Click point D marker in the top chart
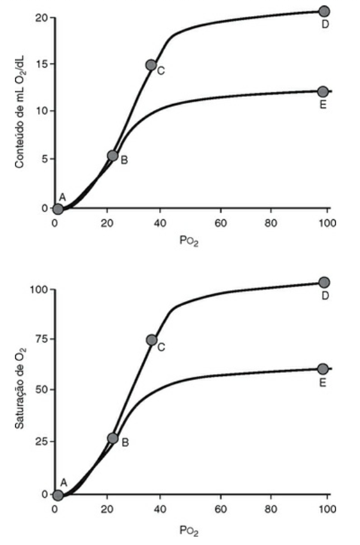point(324,11)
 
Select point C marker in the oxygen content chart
point(151,65)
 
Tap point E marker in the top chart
point(323,92)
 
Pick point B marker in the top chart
point(112,155)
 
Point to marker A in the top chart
point(58,209)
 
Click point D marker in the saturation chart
point(324,282)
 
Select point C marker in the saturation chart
point(152,340)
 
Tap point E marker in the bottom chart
point(323,369)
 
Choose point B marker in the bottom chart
point(112,438)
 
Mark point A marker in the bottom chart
point(58,495)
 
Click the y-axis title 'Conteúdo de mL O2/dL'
point(20,111)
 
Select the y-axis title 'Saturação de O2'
point(20,387)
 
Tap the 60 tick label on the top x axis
point(221,222)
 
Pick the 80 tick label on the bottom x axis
point(271,509)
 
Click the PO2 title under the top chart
point(189,241)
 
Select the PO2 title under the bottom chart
point(189,531)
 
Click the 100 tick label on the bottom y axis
point(39,289)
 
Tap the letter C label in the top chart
point(161,71)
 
